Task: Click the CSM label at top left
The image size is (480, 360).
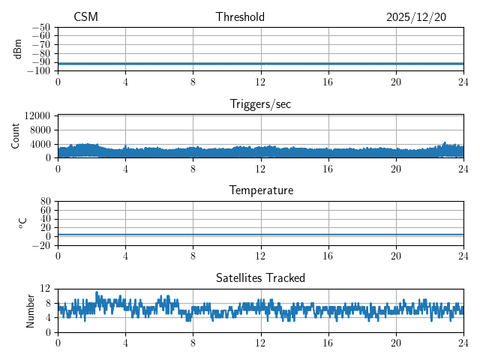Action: pos(85,17)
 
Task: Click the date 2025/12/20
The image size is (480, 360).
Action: pos(416,17)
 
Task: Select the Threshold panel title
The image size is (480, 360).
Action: pos(240,17)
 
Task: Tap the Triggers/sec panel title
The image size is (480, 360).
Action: pos(260,104)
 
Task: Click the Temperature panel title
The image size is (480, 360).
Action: pos(260,190)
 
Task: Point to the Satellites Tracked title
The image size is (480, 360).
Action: pos(260,277)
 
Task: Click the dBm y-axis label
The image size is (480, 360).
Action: pos(18,49)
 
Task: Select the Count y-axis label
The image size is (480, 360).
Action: pos(16,136)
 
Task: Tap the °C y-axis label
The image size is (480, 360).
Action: pos(22,223)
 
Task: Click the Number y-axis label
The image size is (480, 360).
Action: pos(31,310)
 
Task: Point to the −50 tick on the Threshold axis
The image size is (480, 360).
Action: pos(41,27)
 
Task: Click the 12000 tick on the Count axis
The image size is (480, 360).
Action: pos(37,116)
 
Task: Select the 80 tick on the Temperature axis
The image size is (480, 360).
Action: pos(45,202)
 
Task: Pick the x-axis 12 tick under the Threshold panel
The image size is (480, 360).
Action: pos(260,81)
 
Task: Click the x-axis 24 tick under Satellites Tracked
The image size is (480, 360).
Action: pos(463,342)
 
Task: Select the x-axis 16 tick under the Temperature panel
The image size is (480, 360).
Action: pos(328,255)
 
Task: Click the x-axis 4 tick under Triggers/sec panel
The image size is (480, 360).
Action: pos(125,168)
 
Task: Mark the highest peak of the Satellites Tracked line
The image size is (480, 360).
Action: pos(97,292)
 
